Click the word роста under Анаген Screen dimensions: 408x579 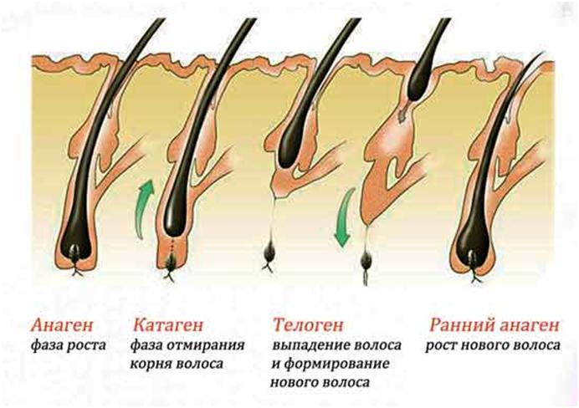coord(89,344)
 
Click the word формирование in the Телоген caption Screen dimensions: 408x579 coord(330,365)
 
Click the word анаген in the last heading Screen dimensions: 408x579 coord(527,322)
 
